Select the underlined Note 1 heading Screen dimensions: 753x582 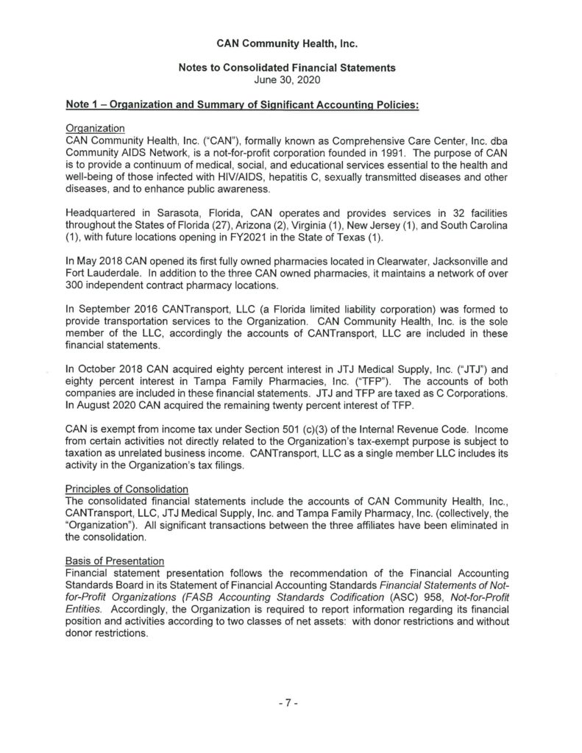click(242, 104)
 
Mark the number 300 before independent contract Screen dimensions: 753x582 click(75, 285)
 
